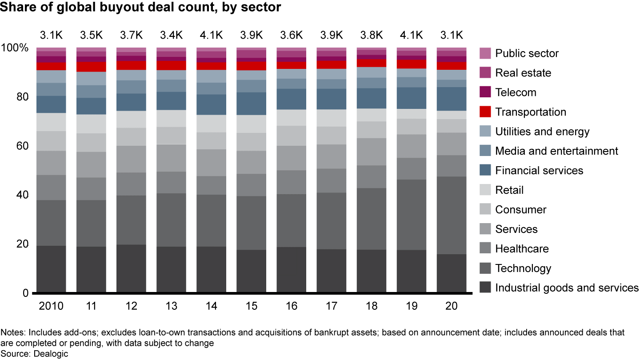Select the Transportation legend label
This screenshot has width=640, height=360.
531,112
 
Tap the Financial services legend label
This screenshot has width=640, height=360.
539,171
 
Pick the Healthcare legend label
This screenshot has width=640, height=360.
522,249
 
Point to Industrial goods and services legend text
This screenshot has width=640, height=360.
567,288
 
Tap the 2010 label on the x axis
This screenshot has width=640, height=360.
51,306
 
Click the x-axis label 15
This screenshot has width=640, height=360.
251,306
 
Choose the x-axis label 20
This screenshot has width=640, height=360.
452,306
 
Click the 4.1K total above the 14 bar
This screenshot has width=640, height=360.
212,35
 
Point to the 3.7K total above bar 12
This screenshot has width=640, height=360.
131,35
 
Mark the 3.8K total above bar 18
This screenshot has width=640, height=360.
372,35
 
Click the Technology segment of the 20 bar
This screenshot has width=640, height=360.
452,215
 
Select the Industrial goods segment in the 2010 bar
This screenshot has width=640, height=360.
51,269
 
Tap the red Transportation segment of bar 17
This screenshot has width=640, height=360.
332,64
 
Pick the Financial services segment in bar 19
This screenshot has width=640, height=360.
412,98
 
